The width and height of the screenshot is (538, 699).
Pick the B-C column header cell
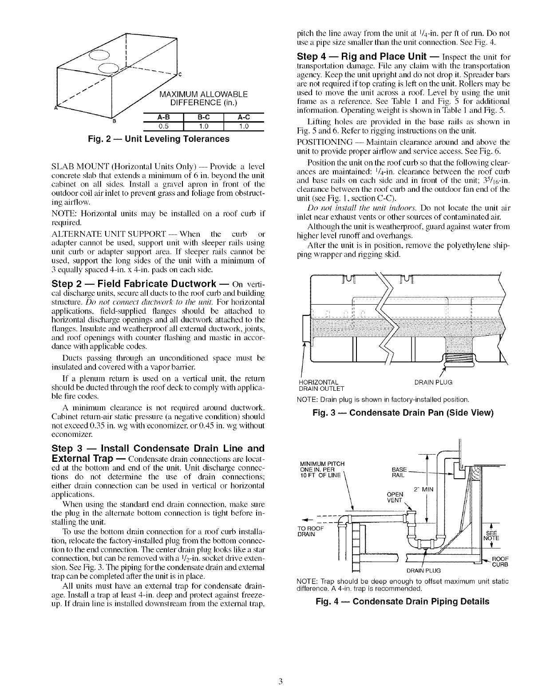click(x=202, y=118)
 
